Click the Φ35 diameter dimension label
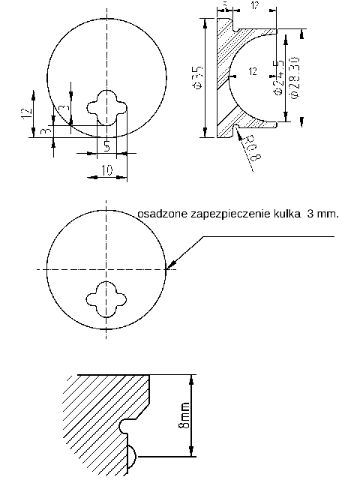click(197, 77)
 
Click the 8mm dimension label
click(185, 415)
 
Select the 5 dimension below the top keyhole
click(106, 145)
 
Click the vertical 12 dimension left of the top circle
click(26, 112)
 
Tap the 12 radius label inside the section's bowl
click(251, 72)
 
